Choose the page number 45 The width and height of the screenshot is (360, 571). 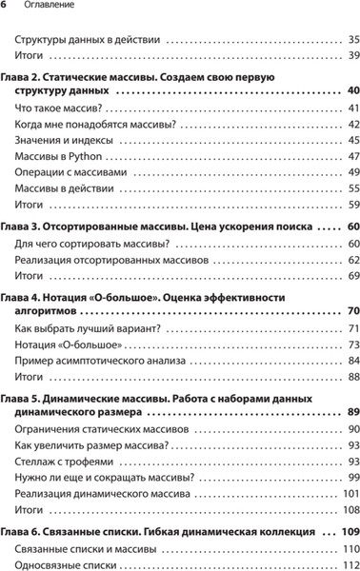353,140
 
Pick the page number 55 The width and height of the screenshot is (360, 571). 353,188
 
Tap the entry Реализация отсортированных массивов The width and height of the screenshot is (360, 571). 110,260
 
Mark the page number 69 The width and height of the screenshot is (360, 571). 353,276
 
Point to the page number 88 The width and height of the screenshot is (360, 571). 353,377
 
